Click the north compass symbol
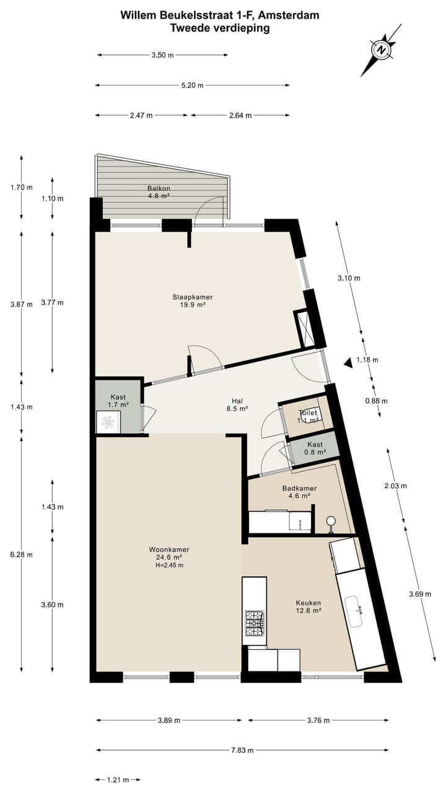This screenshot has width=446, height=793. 382,50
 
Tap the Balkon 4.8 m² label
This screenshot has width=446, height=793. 159,191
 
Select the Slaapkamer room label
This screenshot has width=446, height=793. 188,300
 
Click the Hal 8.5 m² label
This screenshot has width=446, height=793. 237,405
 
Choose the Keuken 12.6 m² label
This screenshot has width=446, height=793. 308,606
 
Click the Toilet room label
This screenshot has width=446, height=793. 308,416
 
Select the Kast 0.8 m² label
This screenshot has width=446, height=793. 315,449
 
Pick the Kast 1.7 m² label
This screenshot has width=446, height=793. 120,401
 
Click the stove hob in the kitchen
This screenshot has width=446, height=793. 255,623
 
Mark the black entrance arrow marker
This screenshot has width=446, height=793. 349,363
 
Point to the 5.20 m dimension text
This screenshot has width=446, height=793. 192,85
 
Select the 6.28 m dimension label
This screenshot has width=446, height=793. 22,554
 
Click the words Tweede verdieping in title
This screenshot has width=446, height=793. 221,28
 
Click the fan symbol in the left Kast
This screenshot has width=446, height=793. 108,423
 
